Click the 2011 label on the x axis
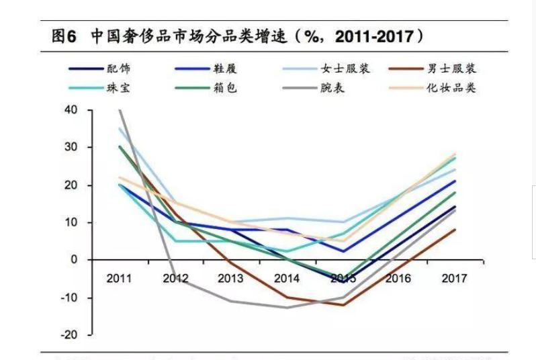(x=120, y=278)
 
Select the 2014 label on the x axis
(x=287, y=278)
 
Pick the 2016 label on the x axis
(x=399, y=278)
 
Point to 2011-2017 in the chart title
(x=373, y=37)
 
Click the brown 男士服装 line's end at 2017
(x=455, y=230)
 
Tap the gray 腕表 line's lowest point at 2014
(x=287, y=308)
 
